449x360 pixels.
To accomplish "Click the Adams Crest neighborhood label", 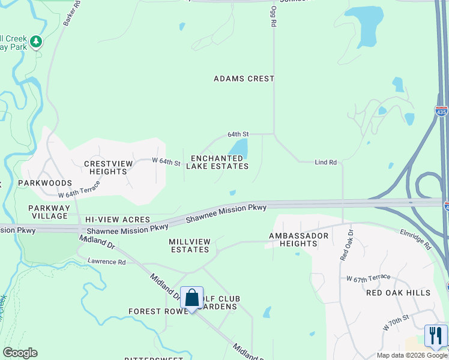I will [x=244, y=79].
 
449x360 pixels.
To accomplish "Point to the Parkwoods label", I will [x=45, y=183].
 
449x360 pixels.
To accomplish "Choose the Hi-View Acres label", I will [x=118, y=220].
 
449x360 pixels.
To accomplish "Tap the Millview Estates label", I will [x=190, y=245].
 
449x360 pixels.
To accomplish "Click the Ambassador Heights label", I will [x=299, y=239].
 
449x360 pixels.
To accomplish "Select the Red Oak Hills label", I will [x=399, y=293].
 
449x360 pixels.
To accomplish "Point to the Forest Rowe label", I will [x=154, y=311].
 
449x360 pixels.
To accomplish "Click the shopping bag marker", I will [x=191, y=298].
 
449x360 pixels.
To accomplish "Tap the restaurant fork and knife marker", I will [x=436, y=335].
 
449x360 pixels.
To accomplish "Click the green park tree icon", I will [x=37, y=41].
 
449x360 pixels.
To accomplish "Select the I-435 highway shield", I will [x=441, y=111].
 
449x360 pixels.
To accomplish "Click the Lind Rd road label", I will [x=327, y=163].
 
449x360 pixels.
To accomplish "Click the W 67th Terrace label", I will [x=369, y=277].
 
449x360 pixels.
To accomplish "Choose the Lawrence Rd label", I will [x=107, y=262].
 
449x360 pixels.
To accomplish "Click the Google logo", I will [x=20, y=353].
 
